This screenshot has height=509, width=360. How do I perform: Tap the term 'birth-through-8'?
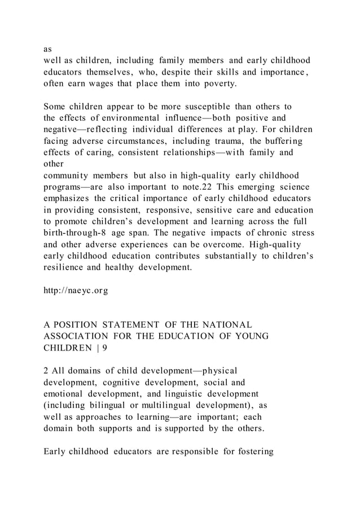(x=76, y=232)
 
